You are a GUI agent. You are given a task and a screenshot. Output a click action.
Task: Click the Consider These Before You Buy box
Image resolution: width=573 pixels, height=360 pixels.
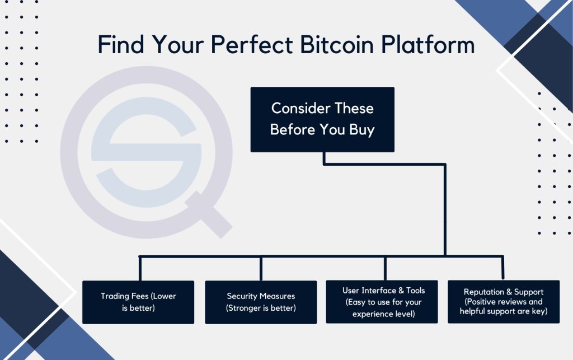[322, 119]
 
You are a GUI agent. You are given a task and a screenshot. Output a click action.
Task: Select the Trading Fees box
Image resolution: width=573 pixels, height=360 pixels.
[138, 302]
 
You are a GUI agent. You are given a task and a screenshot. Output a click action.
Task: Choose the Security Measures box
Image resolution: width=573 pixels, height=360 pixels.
[261, 302]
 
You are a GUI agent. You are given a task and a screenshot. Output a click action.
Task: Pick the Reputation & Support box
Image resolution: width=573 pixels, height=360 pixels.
[504, 301]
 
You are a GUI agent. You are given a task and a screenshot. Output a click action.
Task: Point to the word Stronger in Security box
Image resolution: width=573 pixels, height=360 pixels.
[246, 307]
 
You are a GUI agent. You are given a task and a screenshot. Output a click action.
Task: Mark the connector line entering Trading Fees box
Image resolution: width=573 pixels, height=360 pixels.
[139, 269]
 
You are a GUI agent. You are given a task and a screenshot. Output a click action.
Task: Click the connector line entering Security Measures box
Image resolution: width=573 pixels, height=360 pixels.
[261, 269]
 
